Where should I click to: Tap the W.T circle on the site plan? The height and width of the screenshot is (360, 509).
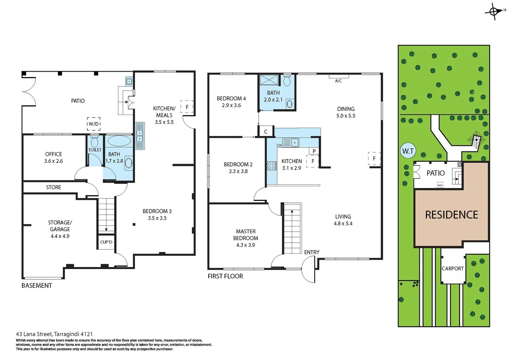tap(408, 151)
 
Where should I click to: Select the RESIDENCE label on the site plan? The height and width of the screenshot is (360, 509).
tap(451, 215)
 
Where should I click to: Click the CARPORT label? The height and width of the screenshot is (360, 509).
tap(452, 268)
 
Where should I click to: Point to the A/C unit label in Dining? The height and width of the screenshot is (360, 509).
tap(338, 81)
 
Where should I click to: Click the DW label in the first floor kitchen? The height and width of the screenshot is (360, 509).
tap(279, 145)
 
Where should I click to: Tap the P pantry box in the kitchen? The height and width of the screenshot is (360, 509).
tap(314, 151)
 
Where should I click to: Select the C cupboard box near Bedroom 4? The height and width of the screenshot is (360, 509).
tap(265, 132)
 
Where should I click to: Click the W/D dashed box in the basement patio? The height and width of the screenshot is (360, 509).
tap(94, 124)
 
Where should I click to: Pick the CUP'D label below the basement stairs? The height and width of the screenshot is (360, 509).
tap(106, 242)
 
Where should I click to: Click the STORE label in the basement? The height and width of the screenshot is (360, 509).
tap(54, 187)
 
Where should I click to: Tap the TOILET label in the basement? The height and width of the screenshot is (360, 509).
tap(95, 150)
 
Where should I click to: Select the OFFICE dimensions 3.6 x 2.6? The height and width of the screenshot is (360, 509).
tap(54, 161)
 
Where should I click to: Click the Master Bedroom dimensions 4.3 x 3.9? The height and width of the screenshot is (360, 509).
tap(246, 245)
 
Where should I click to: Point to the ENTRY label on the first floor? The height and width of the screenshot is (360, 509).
tap(311, 252)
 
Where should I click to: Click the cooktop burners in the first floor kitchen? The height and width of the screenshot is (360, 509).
tap(272, 166)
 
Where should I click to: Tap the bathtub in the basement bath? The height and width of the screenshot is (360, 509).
tap(119, 141)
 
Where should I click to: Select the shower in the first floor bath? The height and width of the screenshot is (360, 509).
tap(269, 80)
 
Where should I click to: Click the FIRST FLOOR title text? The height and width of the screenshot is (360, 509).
tap(225, 276)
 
